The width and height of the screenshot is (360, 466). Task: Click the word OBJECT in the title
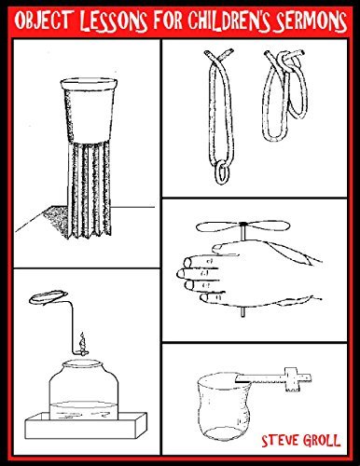(43, 20)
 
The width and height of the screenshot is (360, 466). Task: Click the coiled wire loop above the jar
(49, 300)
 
